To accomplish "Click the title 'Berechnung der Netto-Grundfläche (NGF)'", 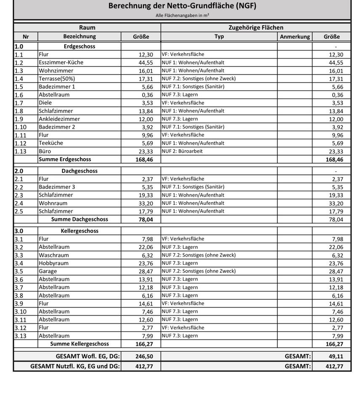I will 182,6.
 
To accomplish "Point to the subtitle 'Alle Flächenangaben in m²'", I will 182,15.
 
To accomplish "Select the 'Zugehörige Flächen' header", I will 256,28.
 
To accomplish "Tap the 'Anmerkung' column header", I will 295,37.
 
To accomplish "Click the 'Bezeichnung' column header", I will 79,37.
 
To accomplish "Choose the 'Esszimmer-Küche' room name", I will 61,63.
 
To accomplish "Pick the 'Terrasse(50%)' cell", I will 57,79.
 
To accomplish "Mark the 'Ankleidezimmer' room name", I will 59,119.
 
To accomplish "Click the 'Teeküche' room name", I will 51,143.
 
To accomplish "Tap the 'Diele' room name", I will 45,103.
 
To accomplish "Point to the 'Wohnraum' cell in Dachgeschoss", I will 53,203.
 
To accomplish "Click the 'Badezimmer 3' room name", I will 57,187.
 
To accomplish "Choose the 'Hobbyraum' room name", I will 53,263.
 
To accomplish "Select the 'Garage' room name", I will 48,271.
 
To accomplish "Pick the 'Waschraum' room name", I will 54,255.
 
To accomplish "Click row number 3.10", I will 21,311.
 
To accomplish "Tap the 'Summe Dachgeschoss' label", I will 79,219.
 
